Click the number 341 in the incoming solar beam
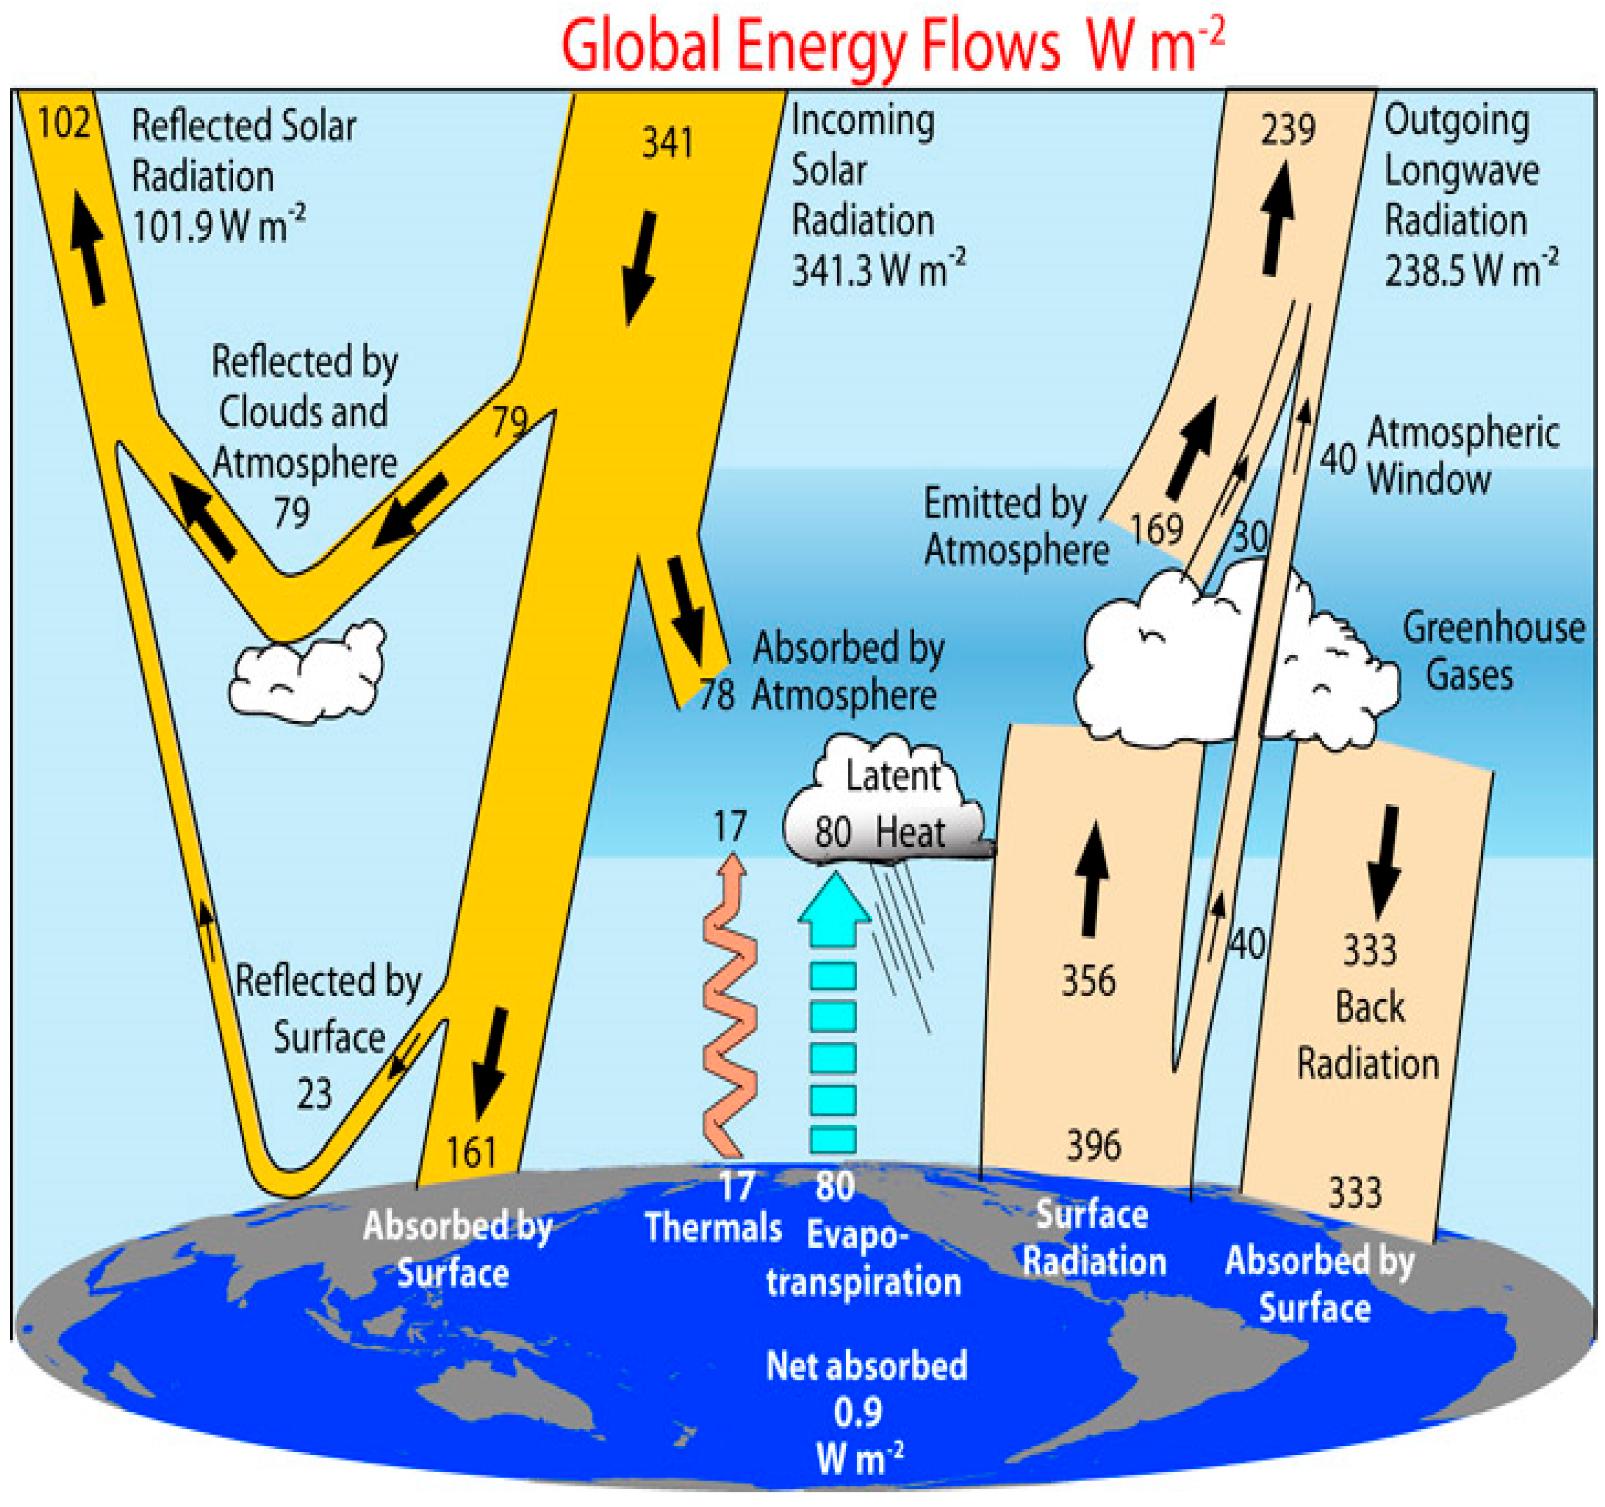point(667,144)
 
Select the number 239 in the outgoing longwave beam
point(1288,129)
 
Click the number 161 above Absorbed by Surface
point(471,1152)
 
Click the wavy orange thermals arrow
point(730,1009)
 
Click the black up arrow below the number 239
point(1278,218)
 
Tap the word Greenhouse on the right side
point(1494,628)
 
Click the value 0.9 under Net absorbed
point(857,1412)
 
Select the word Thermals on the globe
point(714,1228)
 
